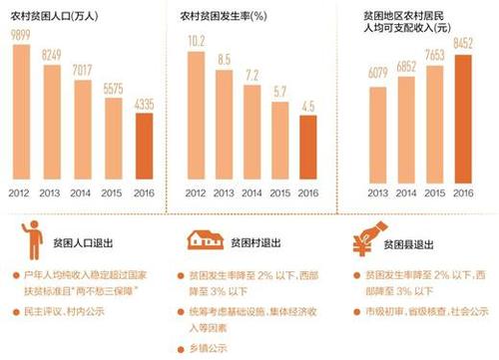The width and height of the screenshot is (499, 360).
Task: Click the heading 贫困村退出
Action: point(257,241)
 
